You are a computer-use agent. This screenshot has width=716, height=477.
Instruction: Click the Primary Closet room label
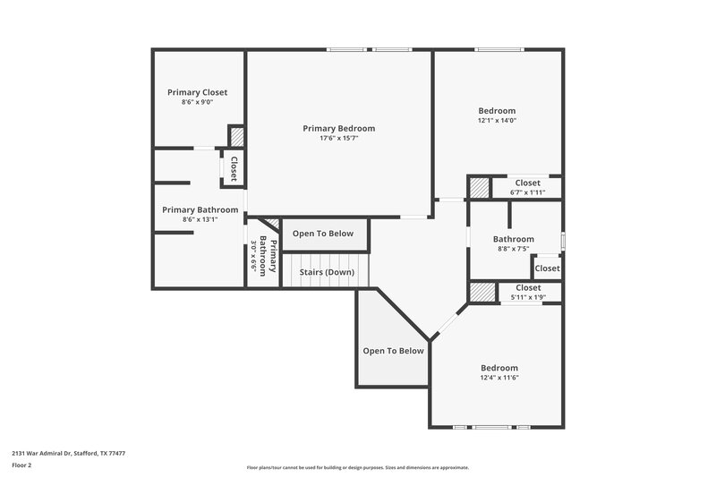click(x=197, y=92)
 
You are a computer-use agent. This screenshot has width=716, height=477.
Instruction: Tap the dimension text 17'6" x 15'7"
click(x=338, y=139)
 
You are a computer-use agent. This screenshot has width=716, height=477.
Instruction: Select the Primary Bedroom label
click(x=338, y=128)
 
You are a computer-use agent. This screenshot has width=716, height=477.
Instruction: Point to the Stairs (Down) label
click(x=326, y=272)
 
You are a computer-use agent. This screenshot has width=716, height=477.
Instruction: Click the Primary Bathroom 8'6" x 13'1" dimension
click(x=200, y=219)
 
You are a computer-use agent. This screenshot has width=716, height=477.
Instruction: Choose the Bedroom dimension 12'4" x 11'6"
click(x=499, y=378)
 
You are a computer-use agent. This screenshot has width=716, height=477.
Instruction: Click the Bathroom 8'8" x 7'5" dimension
click(x=513, y=249)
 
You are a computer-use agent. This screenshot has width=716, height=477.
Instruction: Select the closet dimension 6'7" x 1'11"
click(x=527, y=192)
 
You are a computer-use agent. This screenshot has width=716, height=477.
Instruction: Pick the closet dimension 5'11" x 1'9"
click(x=527, y=297)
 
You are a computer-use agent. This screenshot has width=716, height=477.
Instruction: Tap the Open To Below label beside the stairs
click(x=323, y=234)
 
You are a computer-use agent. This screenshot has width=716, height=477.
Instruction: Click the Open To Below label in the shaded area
click(x=393, y=351)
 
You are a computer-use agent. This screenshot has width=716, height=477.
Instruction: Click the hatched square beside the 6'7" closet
click(x=481, y=188)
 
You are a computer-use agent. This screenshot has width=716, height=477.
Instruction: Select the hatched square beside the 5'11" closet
click(x=483, y=293)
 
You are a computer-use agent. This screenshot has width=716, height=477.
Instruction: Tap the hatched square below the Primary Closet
click(x=237, y=137)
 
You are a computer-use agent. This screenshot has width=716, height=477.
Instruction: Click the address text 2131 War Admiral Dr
click(x=68, y=454)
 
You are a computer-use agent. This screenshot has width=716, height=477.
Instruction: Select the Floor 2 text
click(x=21, y=465)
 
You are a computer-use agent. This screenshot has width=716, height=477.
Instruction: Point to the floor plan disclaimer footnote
click(x=357, y=467)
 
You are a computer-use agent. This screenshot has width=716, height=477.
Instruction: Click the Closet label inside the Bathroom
click(x=547, y=268)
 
